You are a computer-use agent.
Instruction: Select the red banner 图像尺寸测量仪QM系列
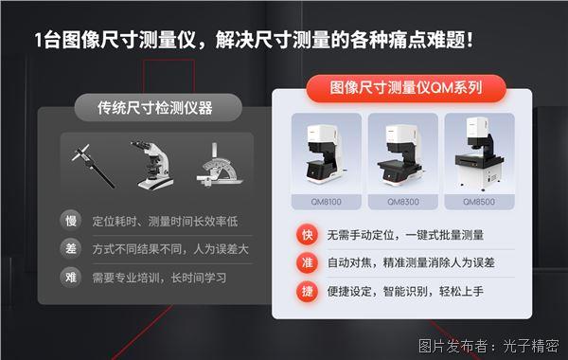[406, 90]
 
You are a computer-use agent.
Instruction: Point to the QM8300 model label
[402, 202]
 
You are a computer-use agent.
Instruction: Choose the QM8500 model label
[479, 202]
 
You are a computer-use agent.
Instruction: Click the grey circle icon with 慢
[69, 221]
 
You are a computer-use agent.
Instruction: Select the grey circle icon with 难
[69, 279]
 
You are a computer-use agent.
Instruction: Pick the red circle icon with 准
[307, 263]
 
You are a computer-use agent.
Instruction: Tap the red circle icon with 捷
[307, 292]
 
